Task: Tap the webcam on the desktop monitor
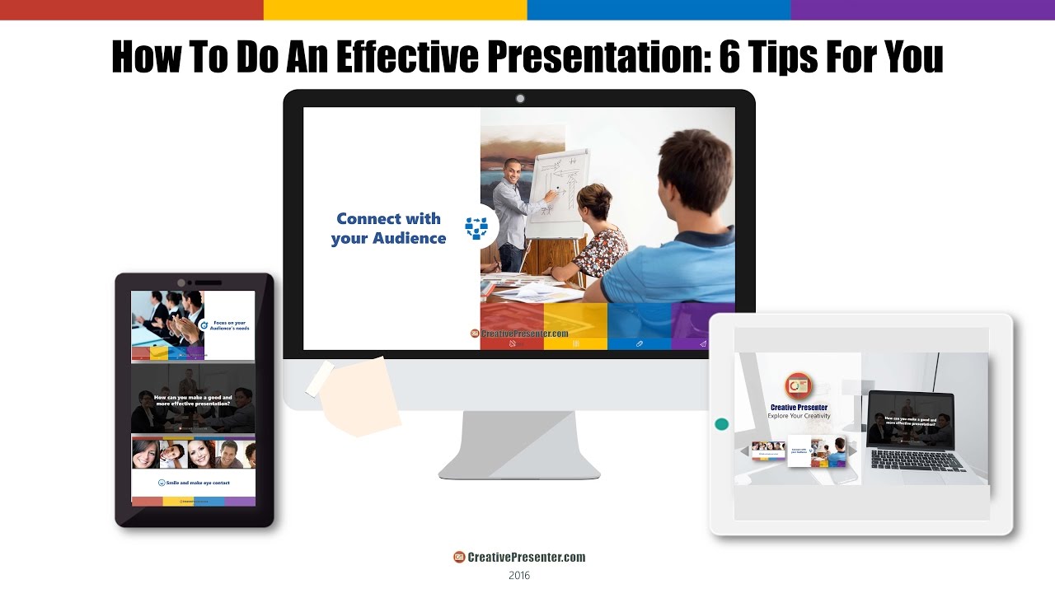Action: point(520,99)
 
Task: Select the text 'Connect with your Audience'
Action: point(388,228)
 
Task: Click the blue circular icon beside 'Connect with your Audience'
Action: point(476,228)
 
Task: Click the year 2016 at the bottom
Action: point(519,576)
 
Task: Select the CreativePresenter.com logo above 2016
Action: point(519,558)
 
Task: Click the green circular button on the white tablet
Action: point(722,424)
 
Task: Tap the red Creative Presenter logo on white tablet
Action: point(798,385)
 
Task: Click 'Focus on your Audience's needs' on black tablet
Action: point(230,325)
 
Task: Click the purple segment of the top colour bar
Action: point(922,10)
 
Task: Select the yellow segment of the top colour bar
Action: point(395,10)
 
